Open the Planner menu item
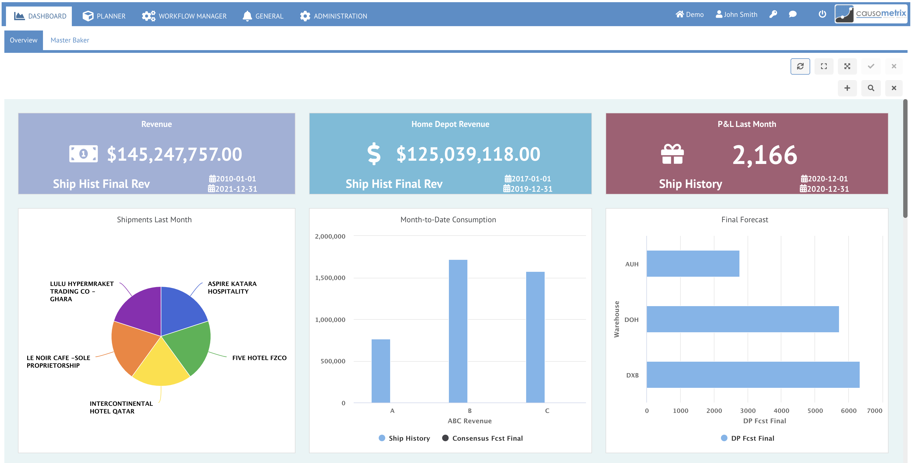(104, 16)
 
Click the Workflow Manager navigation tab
(184, 16)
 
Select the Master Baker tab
(70, 40)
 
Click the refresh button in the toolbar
(800, 66)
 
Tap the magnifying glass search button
(871, 88)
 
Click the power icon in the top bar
(822, 14)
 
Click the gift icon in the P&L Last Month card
(672, 154)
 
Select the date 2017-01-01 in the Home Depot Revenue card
(528, 179)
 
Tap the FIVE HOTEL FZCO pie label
(259, 358)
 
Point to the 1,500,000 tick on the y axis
(330, 278)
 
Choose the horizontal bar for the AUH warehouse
(693, 264)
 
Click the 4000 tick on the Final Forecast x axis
(781, 410)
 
